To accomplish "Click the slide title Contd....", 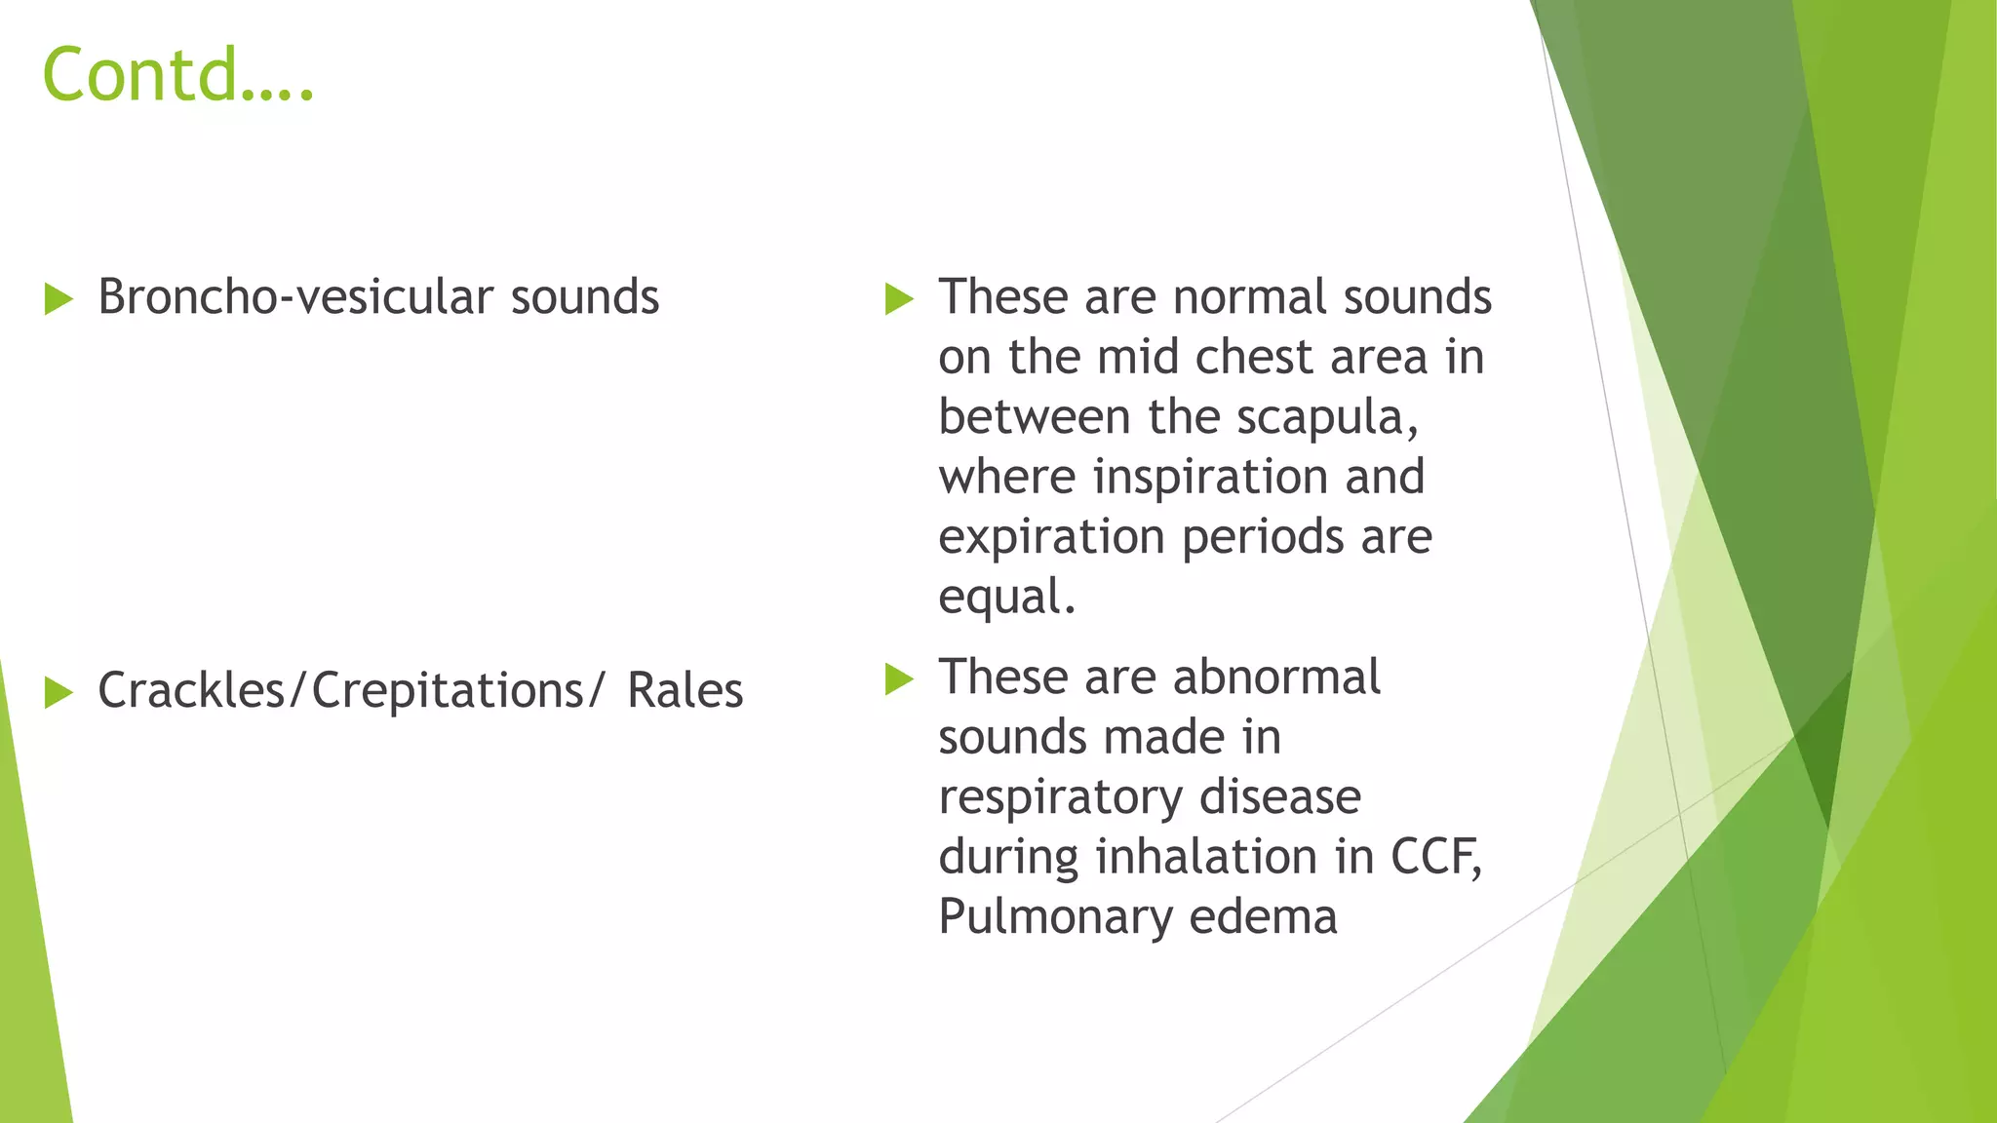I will (x=177, y=75).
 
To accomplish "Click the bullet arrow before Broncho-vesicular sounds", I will (x=59, y=299).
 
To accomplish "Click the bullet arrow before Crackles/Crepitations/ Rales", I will (x=59, y=693).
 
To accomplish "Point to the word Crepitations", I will (x=448, y=691).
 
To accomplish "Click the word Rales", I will (x=685, y=691).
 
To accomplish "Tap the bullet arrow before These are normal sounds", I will (x=899, y=299).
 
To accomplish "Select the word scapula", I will (x=1325, y=418).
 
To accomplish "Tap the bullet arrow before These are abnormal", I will (x=899, y=679).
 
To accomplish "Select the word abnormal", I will (x=1276, y=678).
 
